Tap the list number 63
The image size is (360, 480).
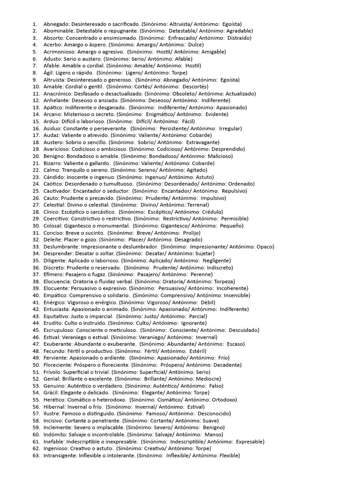[36, 455]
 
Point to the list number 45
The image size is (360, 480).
[36, 330]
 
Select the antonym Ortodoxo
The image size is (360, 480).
[222, 399]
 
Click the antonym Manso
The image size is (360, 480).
[206, 434]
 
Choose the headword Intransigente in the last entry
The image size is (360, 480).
[60, 455]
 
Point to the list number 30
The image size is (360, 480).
[36, 225]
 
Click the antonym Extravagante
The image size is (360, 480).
[202, 142]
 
